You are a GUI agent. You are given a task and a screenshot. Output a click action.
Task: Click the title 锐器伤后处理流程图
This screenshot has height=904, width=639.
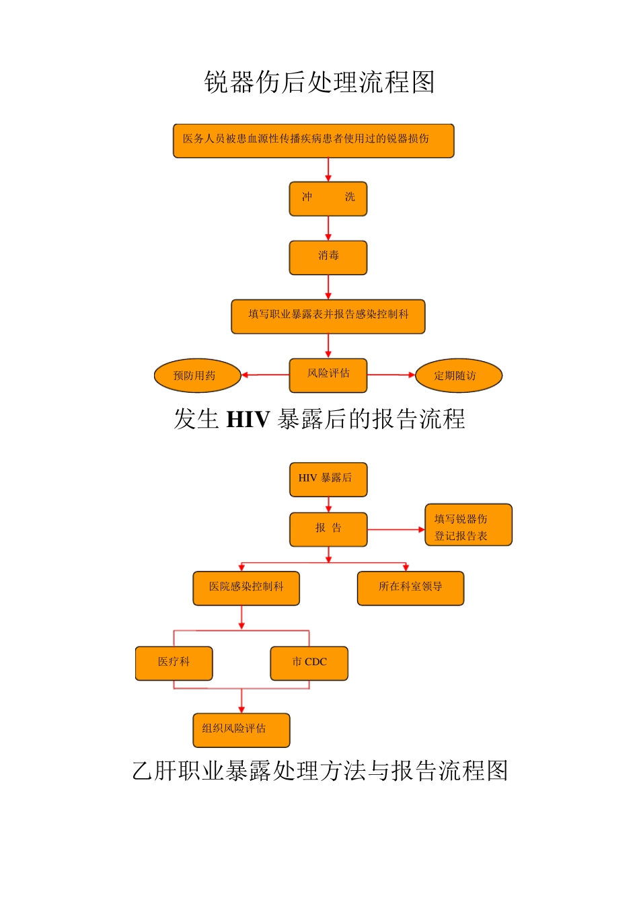tap(319, 82)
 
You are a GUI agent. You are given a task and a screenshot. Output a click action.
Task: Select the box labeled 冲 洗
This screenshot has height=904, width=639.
tap(328, 198)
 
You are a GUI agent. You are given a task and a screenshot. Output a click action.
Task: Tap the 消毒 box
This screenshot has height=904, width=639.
tap(328, 258)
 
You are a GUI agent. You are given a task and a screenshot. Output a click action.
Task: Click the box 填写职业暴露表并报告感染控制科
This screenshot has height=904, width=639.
tap(328, 316)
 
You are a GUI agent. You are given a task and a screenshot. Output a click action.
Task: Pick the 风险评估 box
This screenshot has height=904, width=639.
tap(328, 375)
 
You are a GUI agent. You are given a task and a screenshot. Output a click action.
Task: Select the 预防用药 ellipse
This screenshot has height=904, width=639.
tap(197, 375)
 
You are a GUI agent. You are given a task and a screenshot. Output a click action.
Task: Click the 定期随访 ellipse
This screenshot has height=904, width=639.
tap(459, 375)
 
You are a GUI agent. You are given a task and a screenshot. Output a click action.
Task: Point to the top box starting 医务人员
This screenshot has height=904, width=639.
tap(313, 141)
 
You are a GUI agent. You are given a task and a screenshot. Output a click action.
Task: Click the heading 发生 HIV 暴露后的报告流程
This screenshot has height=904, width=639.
tap(319, 419)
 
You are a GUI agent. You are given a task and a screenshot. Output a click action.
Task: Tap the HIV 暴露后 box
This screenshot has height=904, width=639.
tap(328, 480)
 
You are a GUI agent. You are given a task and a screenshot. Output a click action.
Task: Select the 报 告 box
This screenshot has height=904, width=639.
tap(328, 529)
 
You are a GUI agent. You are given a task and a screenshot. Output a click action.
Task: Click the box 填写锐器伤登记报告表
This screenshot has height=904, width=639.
tap(468, 525)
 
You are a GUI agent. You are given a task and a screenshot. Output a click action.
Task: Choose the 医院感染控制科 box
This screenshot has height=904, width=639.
tap(246, 588)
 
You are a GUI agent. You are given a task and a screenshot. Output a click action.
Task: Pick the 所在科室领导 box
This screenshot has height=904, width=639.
tap(410, 588)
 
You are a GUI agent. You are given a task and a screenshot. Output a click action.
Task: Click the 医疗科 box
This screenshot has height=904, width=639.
tap(174, 663)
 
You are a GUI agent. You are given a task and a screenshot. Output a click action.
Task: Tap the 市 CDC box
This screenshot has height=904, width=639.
tap(309, 663)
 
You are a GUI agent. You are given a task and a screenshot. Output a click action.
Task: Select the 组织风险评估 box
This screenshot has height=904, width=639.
tap(241, 730)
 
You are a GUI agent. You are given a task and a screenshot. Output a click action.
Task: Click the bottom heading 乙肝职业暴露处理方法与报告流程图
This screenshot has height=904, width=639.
tap(319, 771)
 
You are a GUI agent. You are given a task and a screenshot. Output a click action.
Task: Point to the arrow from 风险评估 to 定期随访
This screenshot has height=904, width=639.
tap(391, 375)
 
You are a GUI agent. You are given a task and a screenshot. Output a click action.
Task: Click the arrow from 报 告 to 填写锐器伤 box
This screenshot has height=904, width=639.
tap(396, 529)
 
